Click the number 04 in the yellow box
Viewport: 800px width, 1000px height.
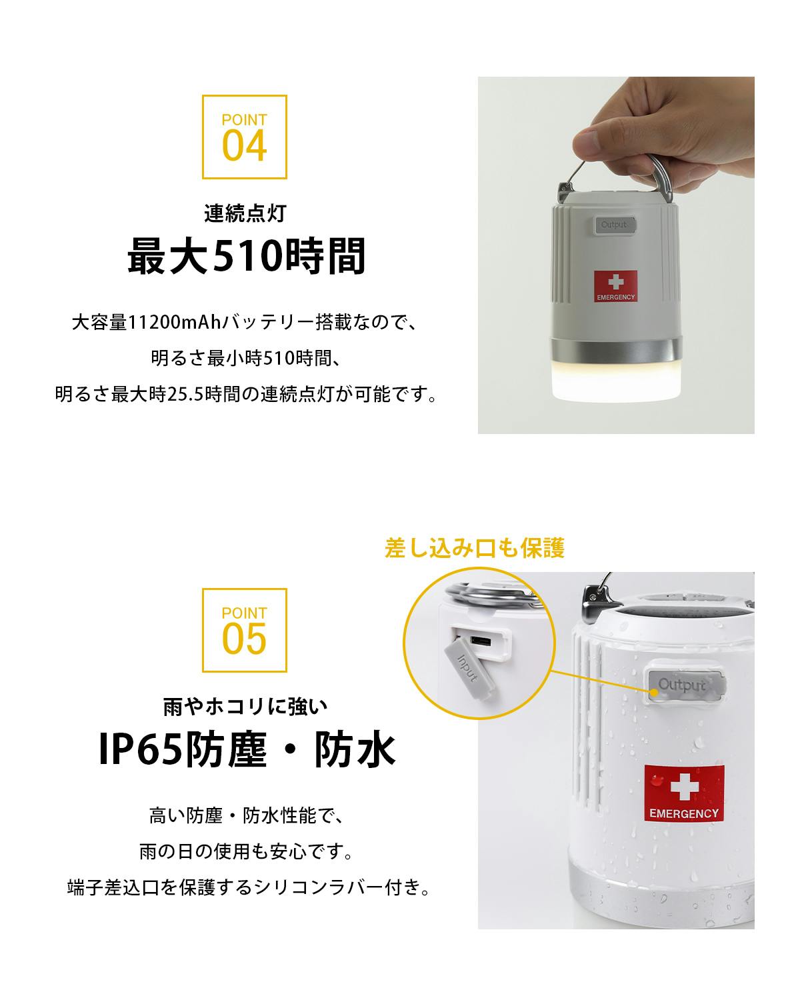pyautogui.click(x=244, y=146)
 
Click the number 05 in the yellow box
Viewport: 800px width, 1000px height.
pyautogui.click(x=244, y=639)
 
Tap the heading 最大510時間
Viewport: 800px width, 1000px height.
pyautogui.click(x=247, y=255)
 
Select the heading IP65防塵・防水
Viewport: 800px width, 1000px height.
pyautogui.click(x=247, y=749)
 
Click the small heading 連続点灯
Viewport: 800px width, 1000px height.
pyautogui.click(x=245, y=213)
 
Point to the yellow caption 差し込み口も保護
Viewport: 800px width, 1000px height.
pyautogui.click(x=474, y=548)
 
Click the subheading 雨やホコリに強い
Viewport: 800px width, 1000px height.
pyautogui.click(x=245, y=706)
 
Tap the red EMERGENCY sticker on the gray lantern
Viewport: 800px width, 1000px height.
pyautogui.click(x=615, y=286)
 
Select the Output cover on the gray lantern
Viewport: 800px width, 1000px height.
pyautogui.click(x=615, y=225)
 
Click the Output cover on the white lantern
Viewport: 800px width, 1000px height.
pyautogui.click(x=685, y=686)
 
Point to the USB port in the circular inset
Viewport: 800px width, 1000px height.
pyautogui.click(x=480, y=642)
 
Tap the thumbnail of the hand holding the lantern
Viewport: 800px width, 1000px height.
pyautogui.click(x=616, y=255)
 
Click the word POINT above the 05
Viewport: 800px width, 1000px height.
pyautogui.click(x=244, y=613)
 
